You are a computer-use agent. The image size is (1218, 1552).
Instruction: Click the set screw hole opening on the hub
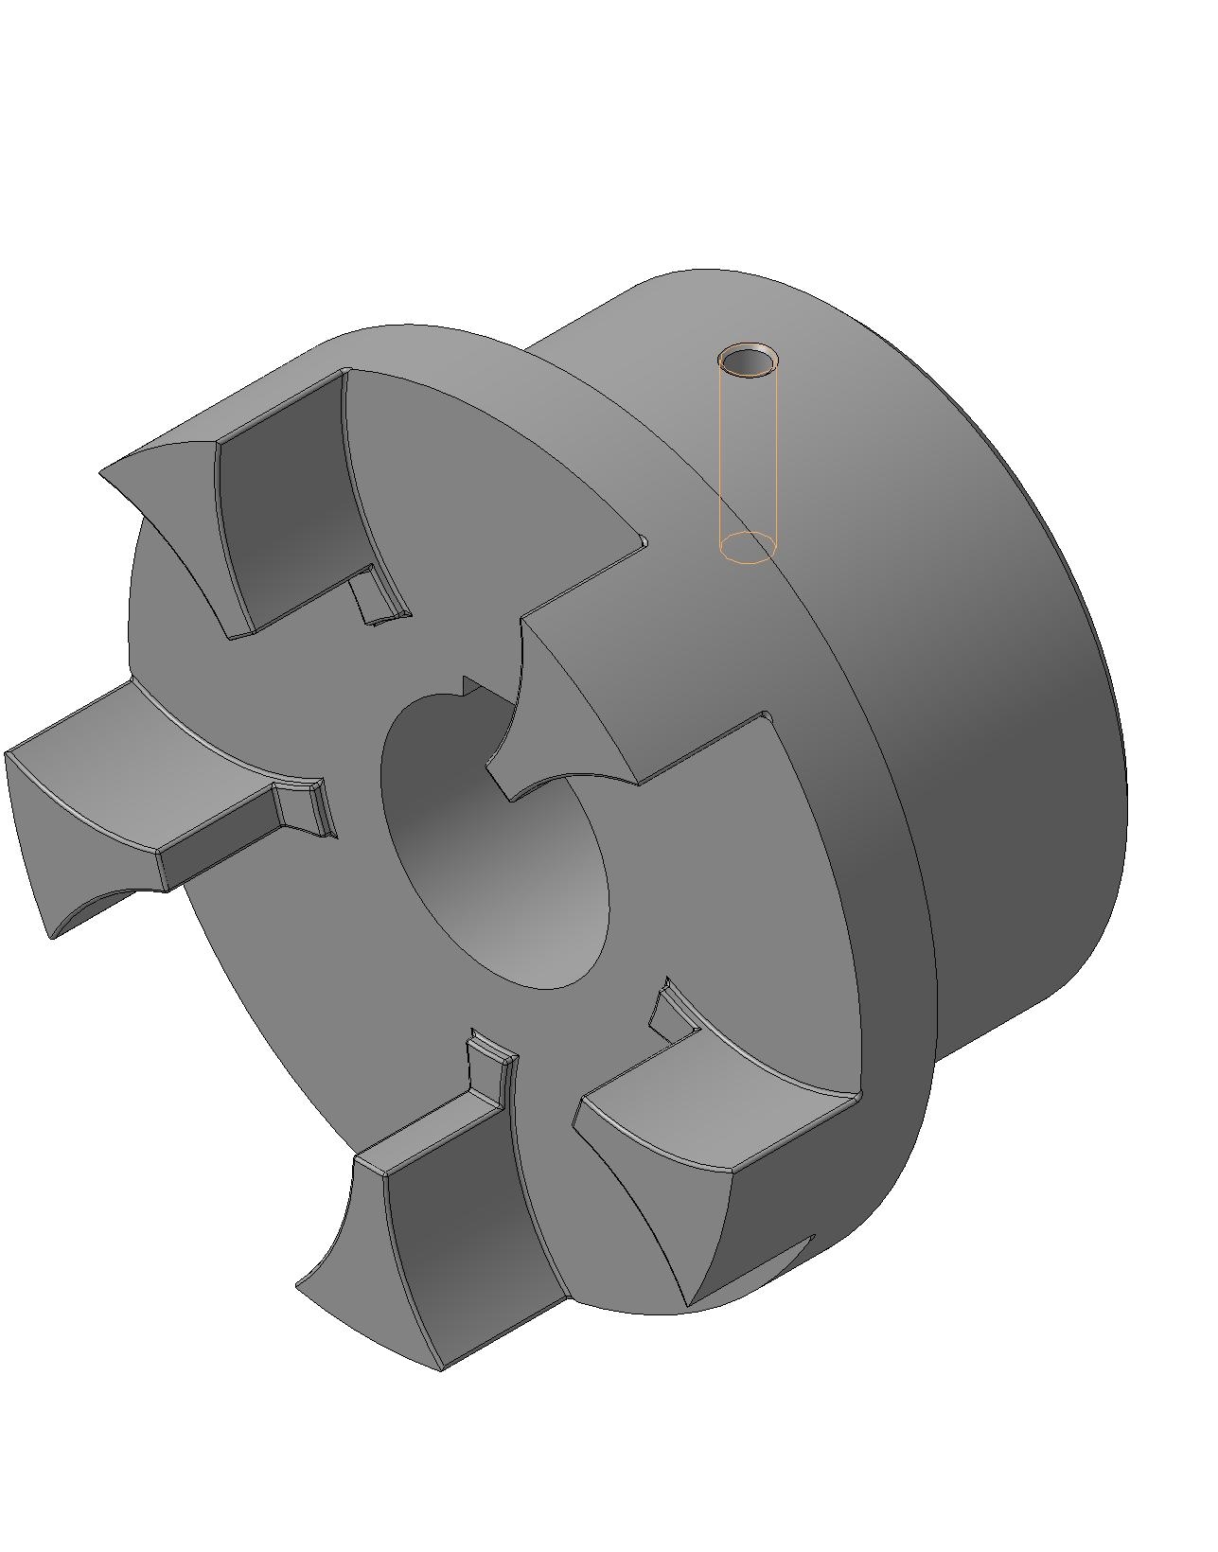click(x=749, y=362)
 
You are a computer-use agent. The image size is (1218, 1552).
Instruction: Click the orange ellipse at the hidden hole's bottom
click(x=748, y=548)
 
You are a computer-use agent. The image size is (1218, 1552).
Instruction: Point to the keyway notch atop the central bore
click(x=469, y=687)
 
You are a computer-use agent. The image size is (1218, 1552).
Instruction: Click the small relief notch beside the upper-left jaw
click(x=379, y=596)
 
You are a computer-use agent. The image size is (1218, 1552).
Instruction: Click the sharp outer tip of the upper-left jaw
click(x=104, y=470)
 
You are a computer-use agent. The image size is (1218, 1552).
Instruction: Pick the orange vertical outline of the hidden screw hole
click(x=721, y=454)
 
